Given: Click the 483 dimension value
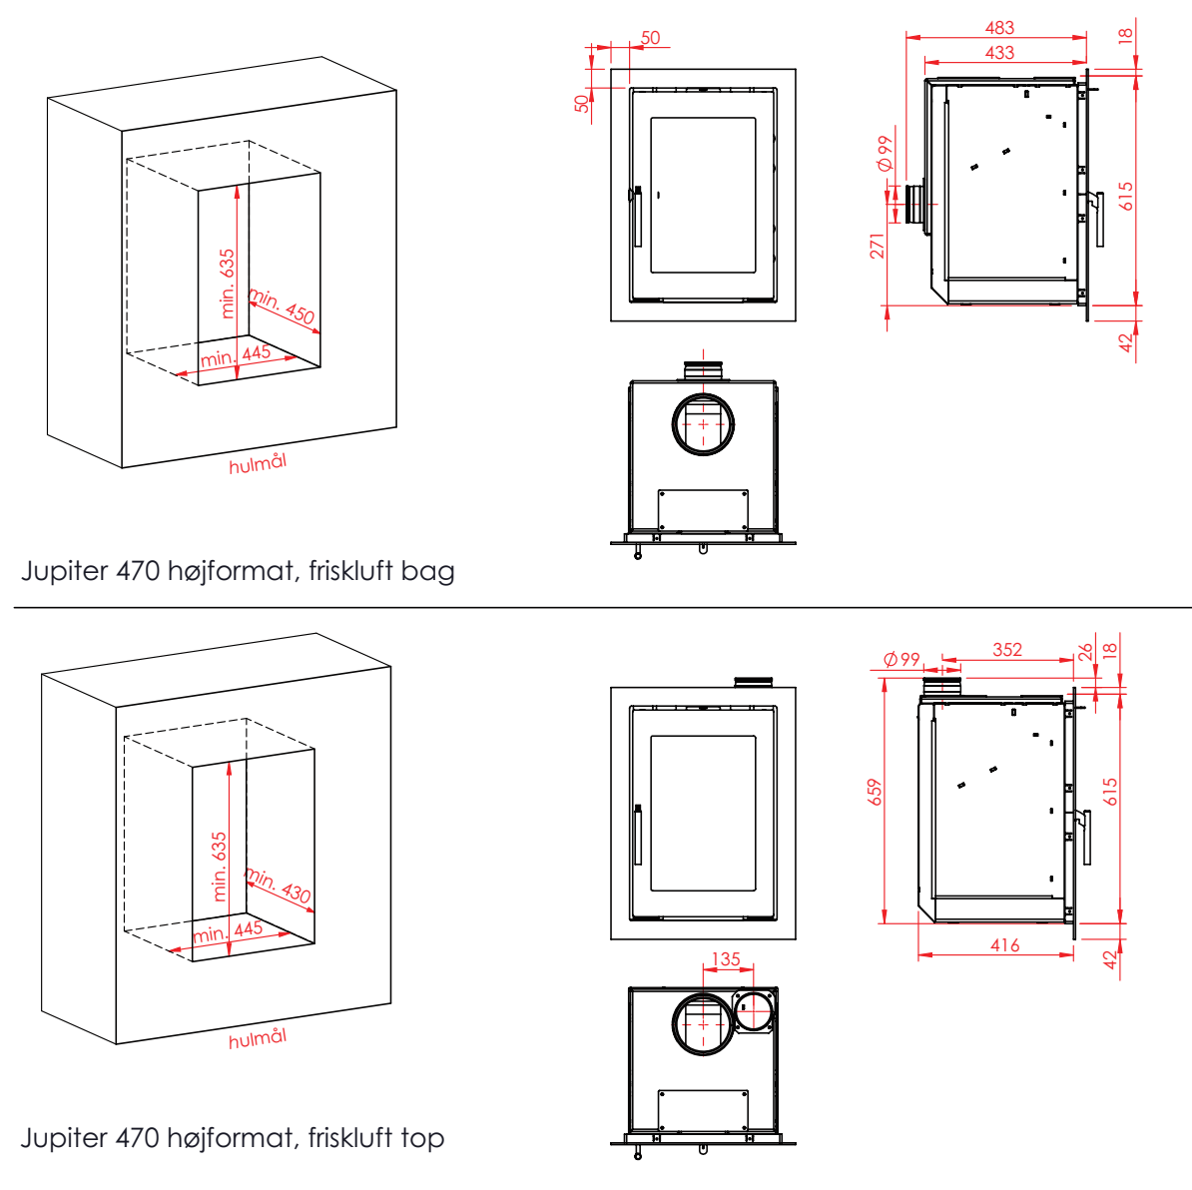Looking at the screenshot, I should coord(998,28).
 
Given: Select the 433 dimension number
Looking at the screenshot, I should coord(998,52).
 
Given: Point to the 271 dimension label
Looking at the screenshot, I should coord(878,246).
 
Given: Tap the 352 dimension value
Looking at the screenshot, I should coord(1007,649).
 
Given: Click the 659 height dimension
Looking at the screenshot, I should coord(876,792).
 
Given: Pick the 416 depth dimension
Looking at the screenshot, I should coord(1004,944).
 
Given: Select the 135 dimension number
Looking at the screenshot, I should coord(726,958).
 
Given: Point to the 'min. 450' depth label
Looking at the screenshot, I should coord(283,306).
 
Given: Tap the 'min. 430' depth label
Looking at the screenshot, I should coord(279,884).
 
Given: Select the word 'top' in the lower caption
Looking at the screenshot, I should coord(422,1137).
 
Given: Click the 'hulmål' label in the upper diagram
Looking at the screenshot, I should coord(258,463).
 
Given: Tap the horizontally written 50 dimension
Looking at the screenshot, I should coord(650,38).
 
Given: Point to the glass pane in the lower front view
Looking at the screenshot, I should coord(703,814).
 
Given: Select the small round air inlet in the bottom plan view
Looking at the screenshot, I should coord(755,1011).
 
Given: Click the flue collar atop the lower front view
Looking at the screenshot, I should coord(754,682).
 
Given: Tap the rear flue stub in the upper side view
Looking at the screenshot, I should coord(914,205).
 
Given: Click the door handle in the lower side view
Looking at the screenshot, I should coord(1084,837).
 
